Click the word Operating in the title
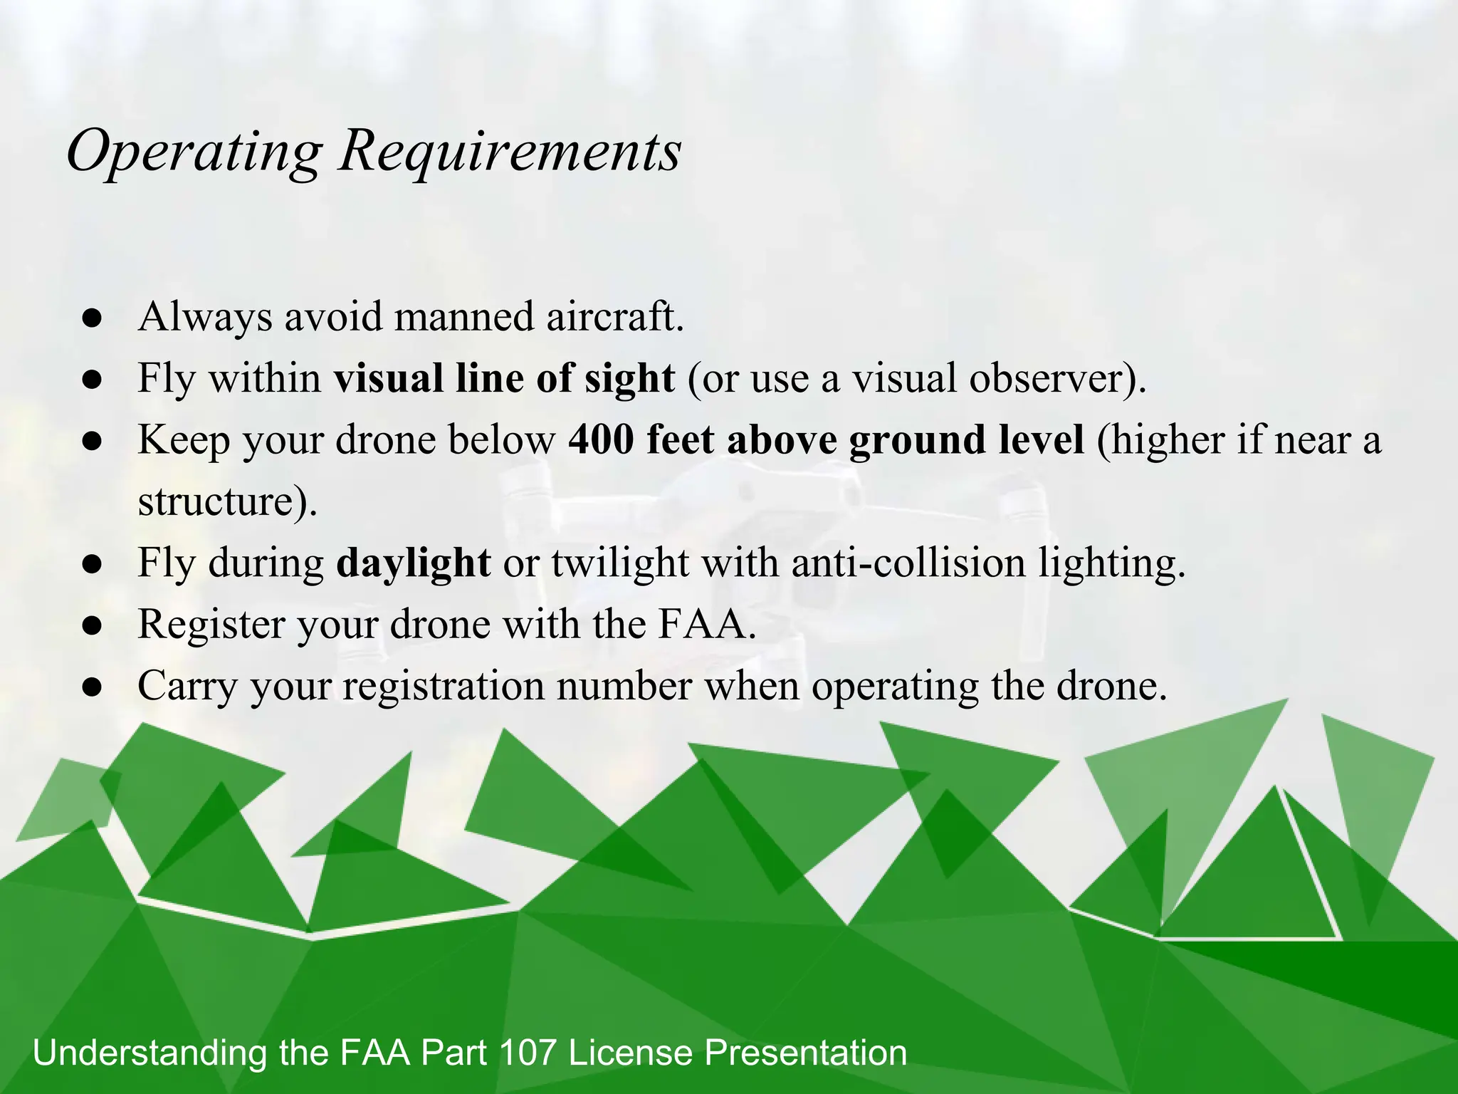194,152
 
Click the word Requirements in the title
510,152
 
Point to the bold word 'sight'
629,379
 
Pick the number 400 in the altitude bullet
601,439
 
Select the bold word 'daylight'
413,563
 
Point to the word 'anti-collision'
908,563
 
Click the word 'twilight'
619,563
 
